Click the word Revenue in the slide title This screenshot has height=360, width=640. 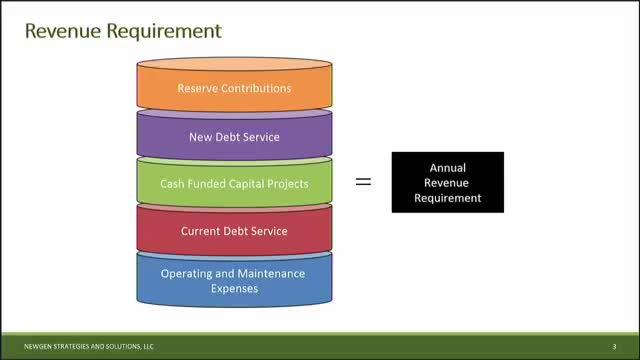click(x=63, y=31)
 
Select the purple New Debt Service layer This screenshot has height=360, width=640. click(x=234, y=135)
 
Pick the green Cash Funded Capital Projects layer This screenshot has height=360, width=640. click(x=234, y=182)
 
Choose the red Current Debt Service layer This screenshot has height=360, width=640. click(x=234, y=230)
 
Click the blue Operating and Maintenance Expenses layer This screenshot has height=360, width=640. click(x=234, y=280)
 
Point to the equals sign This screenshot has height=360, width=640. click(x=363, y=182)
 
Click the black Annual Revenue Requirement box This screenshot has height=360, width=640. click(x=448, y=182)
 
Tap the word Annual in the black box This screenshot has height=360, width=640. click(x=448, y=168)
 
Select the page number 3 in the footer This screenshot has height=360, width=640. click(x=614, y=347)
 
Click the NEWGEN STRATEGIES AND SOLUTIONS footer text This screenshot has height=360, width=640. click(x=89, y=347)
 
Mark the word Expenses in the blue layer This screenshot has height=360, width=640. click(x=234, y=289)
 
